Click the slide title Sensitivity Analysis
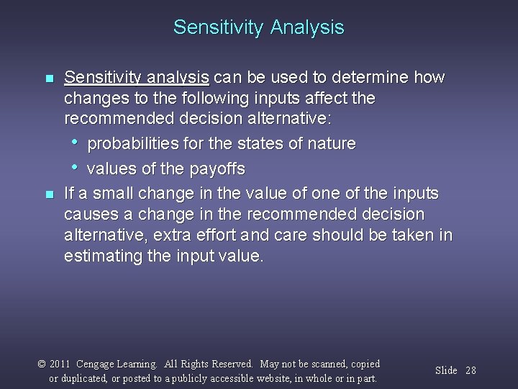pyautogui.click(x=258, y=28)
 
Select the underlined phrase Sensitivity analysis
pyautogui.click(x=137, y=77)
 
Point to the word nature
pyautogui.click(x=330, y=144)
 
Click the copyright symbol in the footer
pyautogui.click(x=42, y=364)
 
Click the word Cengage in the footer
pyautogui.click(x=101, y=365)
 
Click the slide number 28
pyautogui.click(x=471, y=370)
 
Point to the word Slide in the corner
pyautogui.click(x=446, y=370)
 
